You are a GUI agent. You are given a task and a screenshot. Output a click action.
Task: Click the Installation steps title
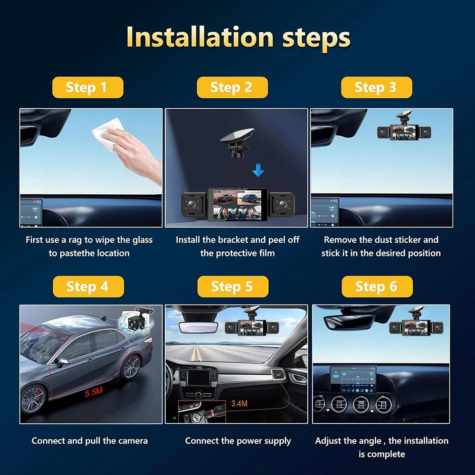click(238, 38)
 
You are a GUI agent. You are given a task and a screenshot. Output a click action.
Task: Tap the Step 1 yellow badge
click(87, 87)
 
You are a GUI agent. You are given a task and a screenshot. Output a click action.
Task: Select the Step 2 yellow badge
click(232, 87)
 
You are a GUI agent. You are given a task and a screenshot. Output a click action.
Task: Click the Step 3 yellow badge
click(376, 87)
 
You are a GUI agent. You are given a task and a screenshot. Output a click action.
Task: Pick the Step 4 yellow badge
click(88, 286)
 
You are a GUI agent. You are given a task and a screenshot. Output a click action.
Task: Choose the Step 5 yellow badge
click(233, 286)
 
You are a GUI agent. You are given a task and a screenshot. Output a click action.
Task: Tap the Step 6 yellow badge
click(377, 286)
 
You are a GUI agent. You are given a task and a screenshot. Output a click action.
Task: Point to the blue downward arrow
click(258, 170)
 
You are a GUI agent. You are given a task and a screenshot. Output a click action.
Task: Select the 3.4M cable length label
click(239, 403)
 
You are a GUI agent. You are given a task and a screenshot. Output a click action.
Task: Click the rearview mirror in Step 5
click(198, 327)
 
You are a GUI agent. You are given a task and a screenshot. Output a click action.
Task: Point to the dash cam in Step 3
click(404, 131)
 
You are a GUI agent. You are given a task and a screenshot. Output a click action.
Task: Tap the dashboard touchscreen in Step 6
click(353, 379)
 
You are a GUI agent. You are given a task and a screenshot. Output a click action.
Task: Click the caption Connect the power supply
click(237, 441)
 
